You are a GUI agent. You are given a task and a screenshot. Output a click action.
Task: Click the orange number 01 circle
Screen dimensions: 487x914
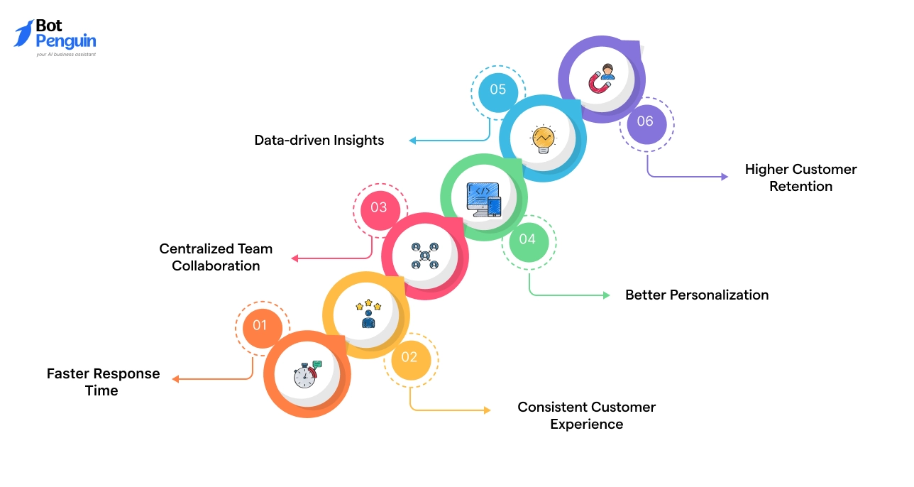coord(260,325)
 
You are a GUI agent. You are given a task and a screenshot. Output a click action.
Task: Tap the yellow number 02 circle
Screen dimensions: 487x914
coord(409,357)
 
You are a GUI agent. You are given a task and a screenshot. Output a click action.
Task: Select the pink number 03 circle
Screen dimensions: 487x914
coord(378,207)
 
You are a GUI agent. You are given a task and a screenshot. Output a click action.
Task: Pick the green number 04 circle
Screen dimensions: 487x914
coord(527,239)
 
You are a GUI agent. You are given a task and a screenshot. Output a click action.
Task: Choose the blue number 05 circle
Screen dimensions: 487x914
coord(497,89)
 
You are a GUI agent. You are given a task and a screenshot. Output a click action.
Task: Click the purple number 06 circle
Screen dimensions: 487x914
coord(645,121)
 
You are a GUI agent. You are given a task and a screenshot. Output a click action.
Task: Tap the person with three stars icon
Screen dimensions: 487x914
coord(368,314)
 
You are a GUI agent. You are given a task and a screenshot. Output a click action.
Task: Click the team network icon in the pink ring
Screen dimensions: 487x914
coord(424,256)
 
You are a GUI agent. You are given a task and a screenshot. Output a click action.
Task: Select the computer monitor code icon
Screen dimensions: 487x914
coord(483,199)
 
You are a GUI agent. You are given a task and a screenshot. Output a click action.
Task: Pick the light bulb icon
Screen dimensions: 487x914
coord(543,138)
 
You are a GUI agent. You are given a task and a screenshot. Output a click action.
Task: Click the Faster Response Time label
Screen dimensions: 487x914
coord(104,382)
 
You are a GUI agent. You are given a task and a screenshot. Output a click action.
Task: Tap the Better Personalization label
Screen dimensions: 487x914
coord(697,295)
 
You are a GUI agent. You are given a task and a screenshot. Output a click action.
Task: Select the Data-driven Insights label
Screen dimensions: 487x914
coord(319,141)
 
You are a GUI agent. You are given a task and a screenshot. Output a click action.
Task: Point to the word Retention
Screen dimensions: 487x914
coord(801,187)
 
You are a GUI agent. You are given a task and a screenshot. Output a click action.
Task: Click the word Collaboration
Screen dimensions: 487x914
coord(216,266)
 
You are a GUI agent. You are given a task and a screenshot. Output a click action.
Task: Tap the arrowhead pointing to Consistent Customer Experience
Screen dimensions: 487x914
coord(487,410)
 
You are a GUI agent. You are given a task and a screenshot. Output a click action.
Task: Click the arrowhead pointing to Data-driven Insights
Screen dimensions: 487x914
coord(412,141)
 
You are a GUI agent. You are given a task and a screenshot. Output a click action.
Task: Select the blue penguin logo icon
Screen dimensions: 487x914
coord(23,33)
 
